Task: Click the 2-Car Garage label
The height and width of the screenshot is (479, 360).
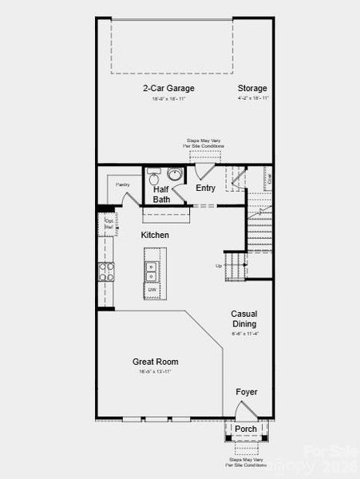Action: (x=168, y=88)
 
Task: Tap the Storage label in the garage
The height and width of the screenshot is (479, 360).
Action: (x=252, y=88)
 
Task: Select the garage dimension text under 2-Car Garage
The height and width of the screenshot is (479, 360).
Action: (x=168, y=99)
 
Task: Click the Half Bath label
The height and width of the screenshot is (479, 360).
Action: (x=161, y=194)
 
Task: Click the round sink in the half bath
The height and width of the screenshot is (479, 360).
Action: (x=175, y=175)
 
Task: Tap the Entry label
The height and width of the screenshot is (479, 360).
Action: (x=205, y=188)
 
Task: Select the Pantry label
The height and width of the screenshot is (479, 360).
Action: (x=122, y=184)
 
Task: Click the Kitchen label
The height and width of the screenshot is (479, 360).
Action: (x=155, y=235)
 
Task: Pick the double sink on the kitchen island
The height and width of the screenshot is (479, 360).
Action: (x=151, y=270)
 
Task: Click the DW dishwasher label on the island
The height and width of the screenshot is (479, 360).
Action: (x=151, y=289)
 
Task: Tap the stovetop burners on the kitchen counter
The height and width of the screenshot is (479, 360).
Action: (x=105, y=271)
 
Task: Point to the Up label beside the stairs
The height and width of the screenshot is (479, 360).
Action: (x=219, y=266)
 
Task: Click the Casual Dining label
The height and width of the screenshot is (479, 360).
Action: (x=243, y=319)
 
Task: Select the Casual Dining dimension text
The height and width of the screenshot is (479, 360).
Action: (x=243, y=335)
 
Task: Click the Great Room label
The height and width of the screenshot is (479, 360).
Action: (x=155, y=362)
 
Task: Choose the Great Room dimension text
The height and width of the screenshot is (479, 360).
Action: (x=155, y=372)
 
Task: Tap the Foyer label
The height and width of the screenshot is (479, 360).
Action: (x=246, y=392)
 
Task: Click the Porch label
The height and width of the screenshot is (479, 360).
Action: (x=246, y=430)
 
